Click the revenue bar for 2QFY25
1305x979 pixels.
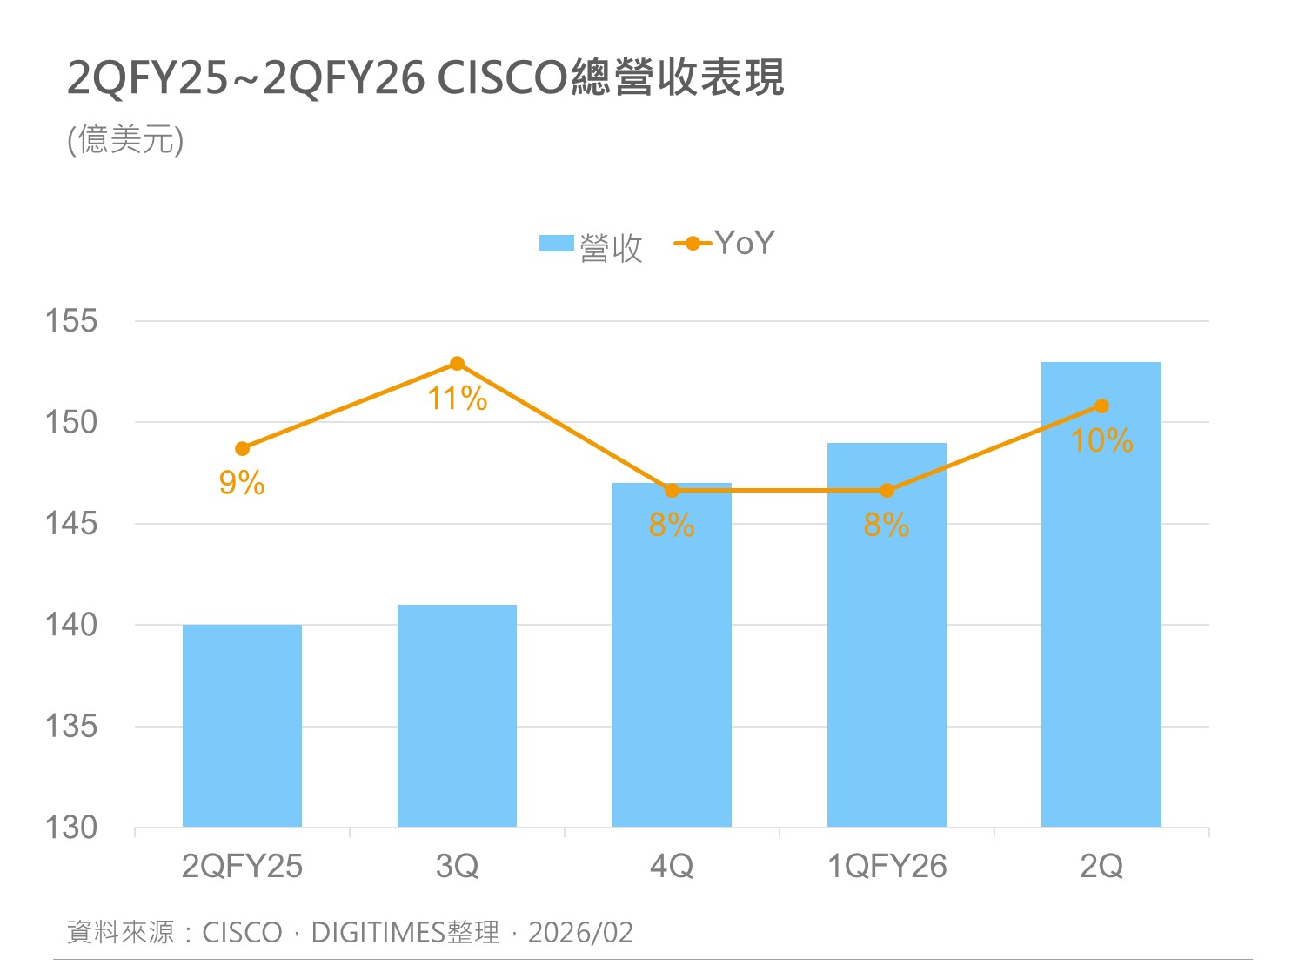(242, 726)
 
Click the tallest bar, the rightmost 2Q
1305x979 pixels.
(1101, 609)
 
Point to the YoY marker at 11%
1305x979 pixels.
(457, 364)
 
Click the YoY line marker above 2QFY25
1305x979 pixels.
(242, 449)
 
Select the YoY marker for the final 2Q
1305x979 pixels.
(1101, 406)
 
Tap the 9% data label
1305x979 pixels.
(242, 483)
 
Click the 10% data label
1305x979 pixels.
(1101, 440)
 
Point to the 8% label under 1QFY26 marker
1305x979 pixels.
(887, 526)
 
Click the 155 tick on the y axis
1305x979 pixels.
(71, 321)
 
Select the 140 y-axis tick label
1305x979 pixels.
(71, 625)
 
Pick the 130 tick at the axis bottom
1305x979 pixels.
(71, 828)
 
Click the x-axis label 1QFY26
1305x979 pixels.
(887, 867)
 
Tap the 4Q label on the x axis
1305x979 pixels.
(672, 867)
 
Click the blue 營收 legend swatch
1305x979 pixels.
(556, 244)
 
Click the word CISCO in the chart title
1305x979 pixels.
(502, 78)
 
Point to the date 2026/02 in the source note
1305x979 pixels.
(580, 933)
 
